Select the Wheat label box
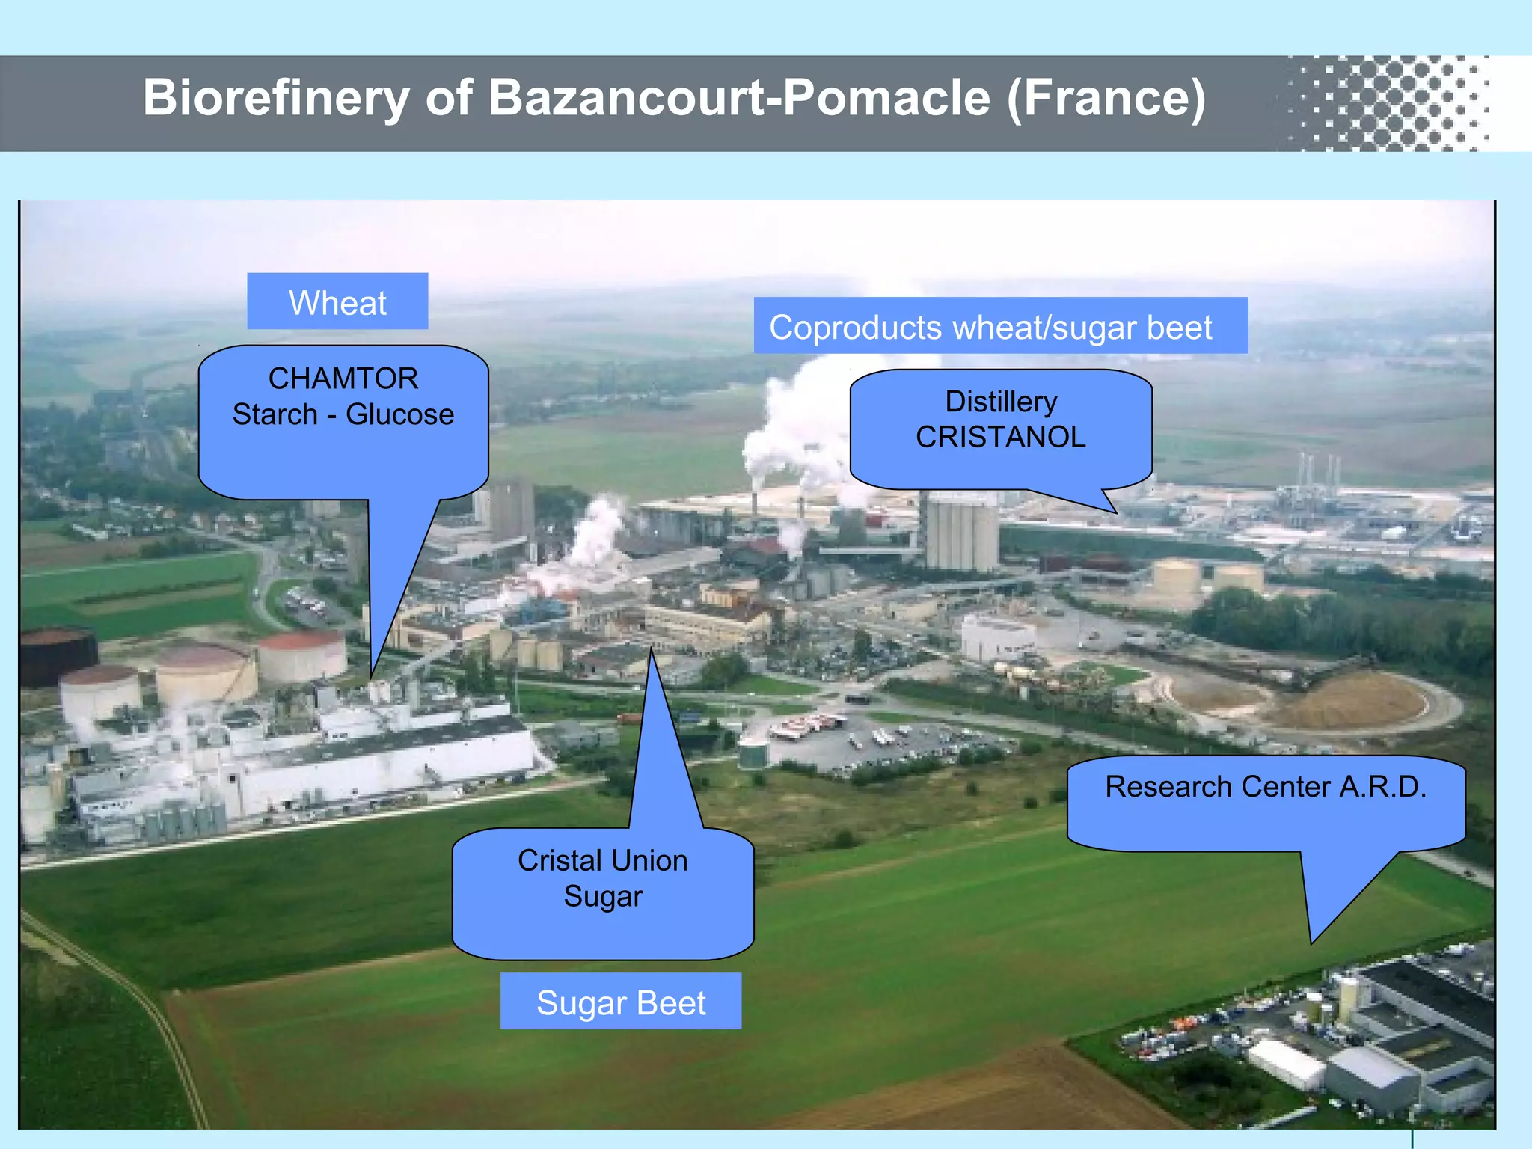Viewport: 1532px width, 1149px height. coord(337,302)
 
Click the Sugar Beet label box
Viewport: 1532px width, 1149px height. coord(621,1002)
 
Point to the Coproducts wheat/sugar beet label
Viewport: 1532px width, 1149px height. coord(990,328)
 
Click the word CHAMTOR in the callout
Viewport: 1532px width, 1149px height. coord(343,379)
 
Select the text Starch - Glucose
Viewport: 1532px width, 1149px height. coord(343,414)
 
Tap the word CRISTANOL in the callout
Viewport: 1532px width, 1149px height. coord(1001,437)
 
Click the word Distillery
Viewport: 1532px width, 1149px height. coord(1001,402)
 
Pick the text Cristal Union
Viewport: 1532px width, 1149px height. coord(603,860)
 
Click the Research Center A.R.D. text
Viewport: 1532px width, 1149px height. coord(1266,787)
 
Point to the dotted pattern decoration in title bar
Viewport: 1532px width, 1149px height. coord(1391,103)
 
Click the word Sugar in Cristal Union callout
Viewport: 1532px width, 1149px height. coord(603,896)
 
